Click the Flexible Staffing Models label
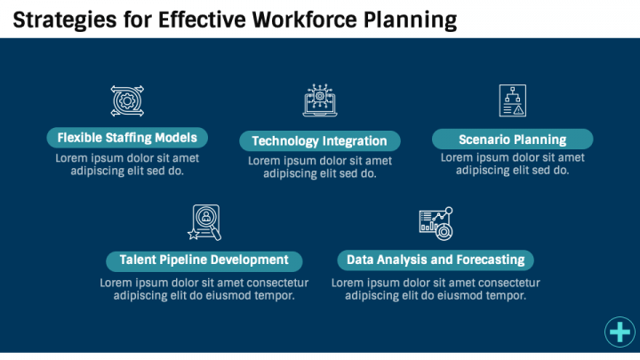(x=127, y=138)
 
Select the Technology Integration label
(x=319, y=140)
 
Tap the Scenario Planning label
(x=512, y=140)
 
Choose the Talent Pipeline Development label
(x=204, y=260)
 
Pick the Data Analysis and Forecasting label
(x=435, y=260)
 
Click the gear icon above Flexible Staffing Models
(x=127, y=100)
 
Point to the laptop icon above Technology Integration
(x=320, y=101)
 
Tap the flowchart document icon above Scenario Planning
(x=512, y=100)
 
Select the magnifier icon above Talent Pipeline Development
(x=204, y=222)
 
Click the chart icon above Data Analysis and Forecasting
(x=436, y=223)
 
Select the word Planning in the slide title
(x=410, y=19)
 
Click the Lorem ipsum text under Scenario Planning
(x=512, y=164)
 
